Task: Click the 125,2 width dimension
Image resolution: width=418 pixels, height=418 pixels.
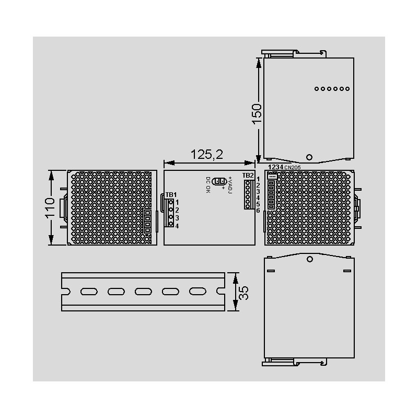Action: click(x=206, y=154)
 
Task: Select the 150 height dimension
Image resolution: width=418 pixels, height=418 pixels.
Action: click(x=257, y=114)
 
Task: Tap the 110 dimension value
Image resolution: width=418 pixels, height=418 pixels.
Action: click(x=50, y=208)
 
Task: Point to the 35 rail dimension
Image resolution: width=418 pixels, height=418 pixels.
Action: click(x=243, y=293)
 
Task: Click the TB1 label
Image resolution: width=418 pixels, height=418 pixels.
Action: click(x=171, y=194)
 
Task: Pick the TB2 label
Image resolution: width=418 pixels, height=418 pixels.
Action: click(x=248, y=176)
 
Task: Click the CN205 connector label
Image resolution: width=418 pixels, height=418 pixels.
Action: click(x=293, y=167)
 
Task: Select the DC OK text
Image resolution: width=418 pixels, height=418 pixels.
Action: click(x=208, y=185)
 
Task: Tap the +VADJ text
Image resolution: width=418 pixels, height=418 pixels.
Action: click(x=230, y=185)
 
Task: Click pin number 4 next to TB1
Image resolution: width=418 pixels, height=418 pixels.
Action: click(x=177, y=226)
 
